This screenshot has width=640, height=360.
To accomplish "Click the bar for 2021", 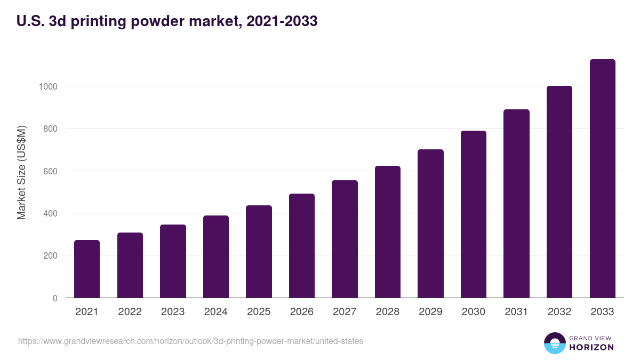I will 87,269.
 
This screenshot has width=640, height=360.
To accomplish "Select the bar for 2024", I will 216,257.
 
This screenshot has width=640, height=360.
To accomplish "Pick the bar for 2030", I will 474,214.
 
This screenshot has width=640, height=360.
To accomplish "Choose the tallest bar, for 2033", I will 602,178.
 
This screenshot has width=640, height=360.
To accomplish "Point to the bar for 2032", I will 559,191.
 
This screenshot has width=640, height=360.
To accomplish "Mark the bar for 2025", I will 259,251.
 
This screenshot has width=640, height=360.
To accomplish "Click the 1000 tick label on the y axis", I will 47,86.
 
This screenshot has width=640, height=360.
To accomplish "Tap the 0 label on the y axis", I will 54,298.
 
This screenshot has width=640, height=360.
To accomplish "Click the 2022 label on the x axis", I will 130,312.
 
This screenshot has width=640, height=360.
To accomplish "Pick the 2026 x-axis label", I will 302,312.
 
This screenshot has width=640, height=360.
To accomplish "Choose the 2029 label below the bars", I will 430,312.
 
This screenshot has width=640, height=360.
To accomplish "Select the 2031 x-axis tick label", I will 516,312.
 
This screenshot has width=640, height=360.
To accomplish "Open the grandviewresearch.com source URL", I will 190,341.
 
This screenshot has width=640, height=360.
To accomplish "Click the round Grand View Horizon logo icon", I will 555,343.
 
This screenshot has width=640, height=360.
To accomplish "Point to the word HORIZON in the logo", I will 591,347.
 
